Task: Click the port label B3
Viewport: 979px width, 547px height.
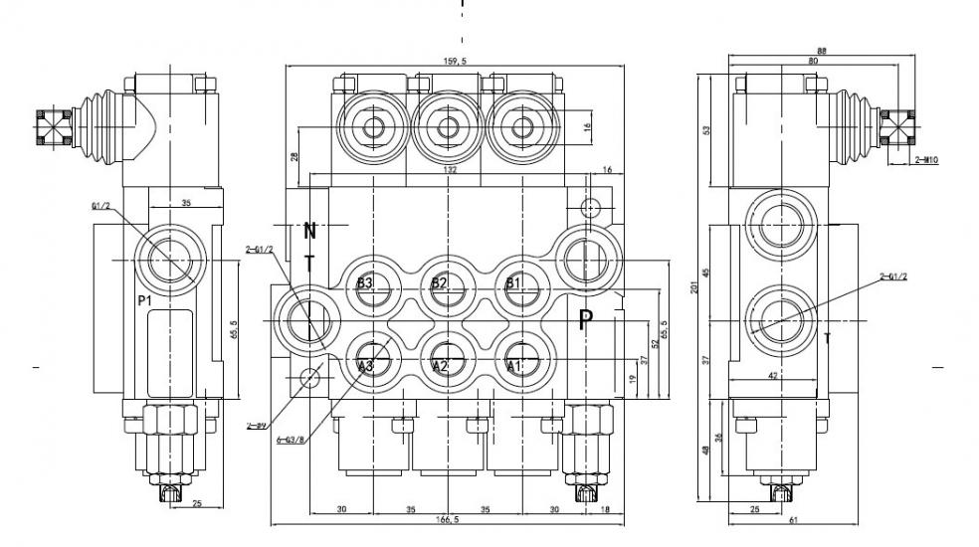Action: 365,283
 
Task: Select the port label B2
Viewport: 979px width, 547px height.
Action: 440,283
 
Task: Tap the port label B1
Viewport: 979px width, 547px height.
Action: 513,283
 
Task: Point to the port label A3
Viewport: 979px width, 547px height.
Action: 365,367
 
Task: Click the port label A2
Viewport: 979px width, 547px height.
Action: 440,367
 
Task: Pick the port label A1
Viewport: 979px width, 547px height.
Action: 513,367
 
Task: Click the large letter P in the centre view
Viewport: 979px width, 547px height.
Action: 586,319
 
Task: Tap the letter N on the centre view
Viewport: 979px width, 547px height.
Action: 309,232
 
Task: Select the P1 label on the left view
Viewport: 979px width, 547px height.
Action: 145,298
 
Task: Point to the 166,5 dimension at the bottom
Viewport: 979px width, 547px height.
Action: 448,520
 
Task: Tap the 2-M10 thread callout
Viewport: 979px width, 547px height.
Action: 928,159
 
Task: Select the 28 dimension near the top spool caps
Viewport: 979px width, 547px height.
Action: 294,156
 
